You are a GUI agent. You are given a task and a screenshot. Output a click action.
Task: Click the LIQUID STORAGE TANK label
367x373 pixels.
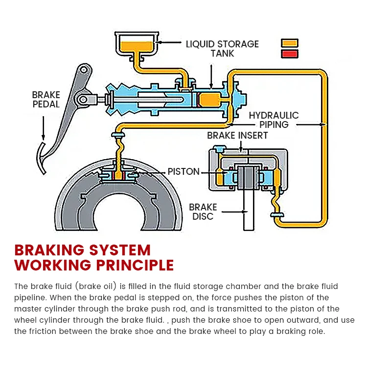[x=222, y=48]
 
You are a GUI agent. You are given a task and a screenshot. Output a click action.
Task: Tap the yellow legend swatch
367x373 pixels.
[x=289, y=43]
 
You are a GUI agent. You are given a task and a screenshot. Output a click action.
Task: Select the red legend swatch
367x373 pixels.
[x=289, y=53]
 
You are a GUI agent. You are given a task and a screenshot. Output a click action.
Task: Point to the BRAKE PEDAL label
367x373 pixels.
[x=46, y=99]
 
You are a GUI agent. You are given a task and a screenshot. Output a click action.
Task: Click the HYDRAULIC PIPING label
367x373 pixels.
[x=274, y=120]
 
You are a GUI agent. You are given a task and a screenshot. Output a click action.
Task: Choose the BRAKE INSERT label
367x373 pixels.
[x=237, y=135]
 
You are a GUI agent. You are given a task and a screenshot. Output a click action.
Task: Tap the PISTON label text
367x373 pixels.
[x=183, y=172]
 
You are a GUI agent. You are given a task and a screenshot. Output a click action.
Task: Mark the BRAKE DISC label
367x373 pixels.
[x=203, y=211]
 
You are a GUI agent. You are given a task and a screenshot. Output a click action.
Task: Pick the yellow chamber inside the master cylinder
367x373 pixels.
[x=210, y=100]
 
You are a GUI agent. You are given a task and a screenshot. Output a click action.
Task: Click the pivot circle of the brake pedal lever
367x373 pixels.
[x=84, y=100]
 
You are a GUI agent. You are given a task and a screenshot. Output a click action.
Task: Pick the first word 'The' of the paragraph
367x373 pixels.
[x=21, y=286]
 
